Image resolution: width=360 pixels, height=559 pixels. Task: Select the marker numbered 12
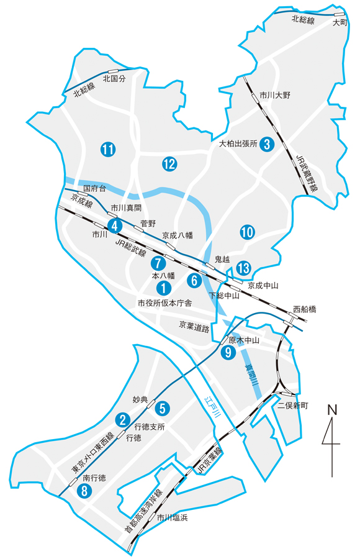(169, 164)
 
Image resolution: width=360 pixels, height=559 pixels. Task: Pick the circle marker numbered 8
(83, 491)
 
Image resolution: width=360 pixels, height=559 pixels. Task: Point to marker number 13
(243, 268)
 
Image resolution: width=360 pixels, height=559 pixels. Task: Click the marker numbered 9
(228, 353)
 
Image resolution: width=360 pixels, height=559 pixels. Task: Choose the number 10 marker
(247, 232)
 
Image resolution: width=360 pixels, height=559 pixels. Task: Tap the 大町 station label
(338, 22)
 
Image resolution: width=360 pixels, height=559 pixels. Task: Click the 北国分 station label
(114, 80)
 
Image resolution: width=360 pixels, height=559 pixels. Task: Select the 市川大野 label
(274, 95)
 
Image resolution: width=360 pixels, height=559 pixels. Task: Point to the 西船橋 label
(304, 309)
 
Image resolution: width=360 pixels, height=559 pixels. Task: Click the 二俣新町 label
(292, 406)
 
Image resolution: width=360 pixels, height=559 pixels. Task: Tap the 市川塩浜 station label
(171, 517)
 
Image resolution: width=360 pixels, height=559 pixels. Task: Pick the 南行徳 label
(94, 478)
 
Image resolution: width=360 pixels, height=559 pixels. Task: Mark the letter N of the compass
(332, 411)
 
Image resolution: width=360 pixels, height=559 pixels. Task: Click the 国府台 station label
(94, 187)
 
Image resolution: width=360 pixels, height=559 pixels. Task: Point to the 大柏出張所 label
(238, 143)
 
